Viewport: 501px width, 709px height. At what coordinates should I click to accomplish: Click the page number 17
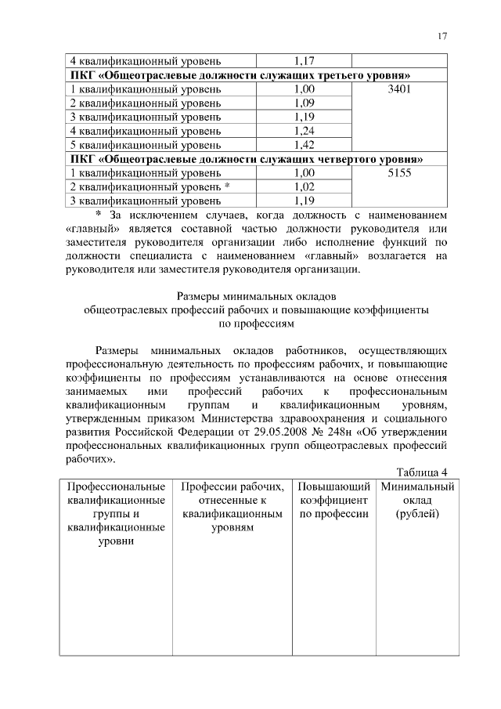(x=442, y=37)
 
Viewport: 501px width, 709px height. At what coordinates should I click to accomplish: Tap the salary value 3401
(x=399, y=89)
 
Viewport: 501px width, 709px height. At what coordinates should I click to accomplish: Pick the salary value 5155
(x=399, y=173)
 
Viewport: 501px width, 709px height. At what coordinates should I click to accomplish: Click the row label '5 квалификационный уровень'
(x=146, y=145)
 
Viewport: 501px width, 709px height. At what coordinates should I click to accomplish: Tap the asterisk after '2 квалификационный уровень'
(x=226, y=186)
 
